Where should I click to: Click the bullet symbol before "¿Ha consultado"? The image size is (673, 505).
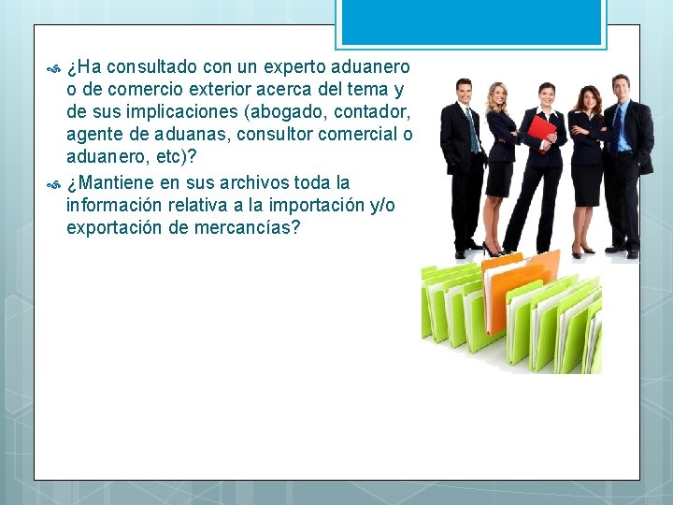[x=52, y=68]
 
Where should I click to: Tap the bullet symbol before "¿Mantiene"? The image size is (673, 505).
[x=52, y=182]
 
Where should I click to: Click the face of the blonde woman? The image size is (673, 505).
[x=498, y=95]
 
